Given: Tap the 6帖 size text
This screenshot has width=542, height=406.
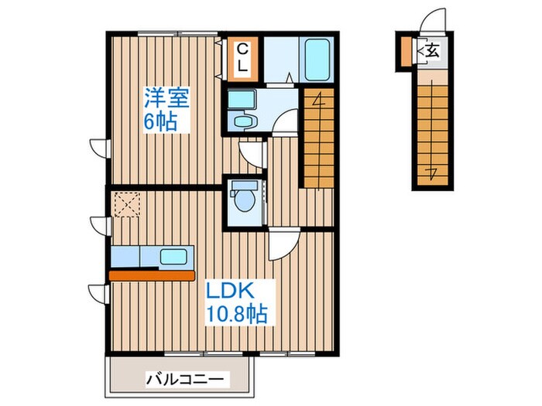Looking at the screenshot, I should [160, 121].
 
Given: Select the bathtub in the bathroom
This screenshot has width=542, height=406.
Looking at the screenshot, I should [315, 56].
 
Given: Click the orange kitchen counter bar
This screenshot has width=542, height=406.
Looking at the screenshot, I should [152, 274].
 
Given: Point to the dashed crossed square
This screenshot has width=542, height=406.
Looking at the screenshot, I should [125, 205].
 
